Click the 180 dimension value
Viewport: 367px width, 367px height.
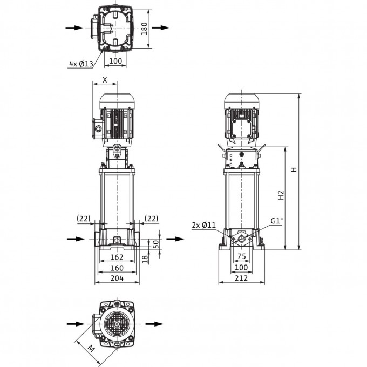[x=145, y=29]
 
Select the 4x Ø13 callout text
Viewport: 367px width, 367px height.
[x=81, y=64]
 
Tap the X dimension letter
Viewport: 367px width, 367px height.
[x=105, y=80]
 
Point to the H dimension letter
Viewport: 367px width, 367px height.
[x=294, y=169]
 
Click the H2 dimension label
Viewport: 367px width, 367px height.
[x=281, y=195]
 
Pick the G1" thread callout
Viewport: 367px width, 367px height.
[x=277, y=221]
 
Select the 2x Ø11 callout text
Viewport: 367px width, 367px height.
[x=204, y=225]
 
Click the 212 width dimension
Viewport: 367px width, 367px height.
[x=241, y=278]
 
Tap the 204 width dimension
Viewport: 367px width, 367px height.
[x=117, y=278]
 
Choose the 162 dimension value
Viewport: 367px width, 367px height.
[x=117, y=257]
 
